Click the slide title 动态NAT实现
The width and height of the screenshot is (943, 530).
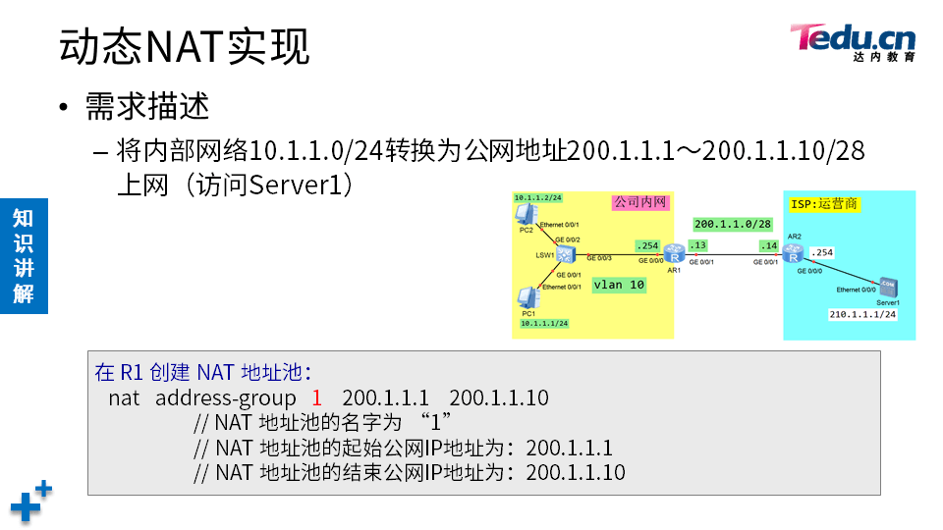184,46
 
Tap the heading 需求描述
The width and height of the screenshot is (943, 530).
147,106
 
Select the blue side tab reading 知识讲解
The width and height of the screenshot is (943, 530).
24,255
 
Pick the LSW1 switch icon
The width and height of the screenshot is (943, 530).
566,254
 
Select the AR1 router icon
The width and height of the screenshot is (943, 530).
673,252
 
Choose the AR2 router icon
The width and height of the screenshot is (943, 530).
795,251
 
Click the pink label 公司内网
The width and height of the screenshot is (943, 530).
640,202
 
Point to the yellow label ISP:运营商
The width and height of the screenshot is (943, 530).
823,204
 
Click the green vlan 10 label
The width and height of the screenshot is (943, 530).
619,286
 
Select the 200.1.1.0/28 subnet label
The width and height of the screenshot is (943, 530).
732,224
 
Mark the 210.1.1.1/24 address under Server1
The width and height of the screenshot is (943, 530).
862,315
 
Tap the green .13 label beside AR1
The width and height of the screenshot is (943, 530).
698,245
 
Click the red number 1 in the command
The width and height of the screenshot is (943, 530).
316,398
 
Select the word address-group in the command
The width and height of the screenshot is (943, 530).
225,398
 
